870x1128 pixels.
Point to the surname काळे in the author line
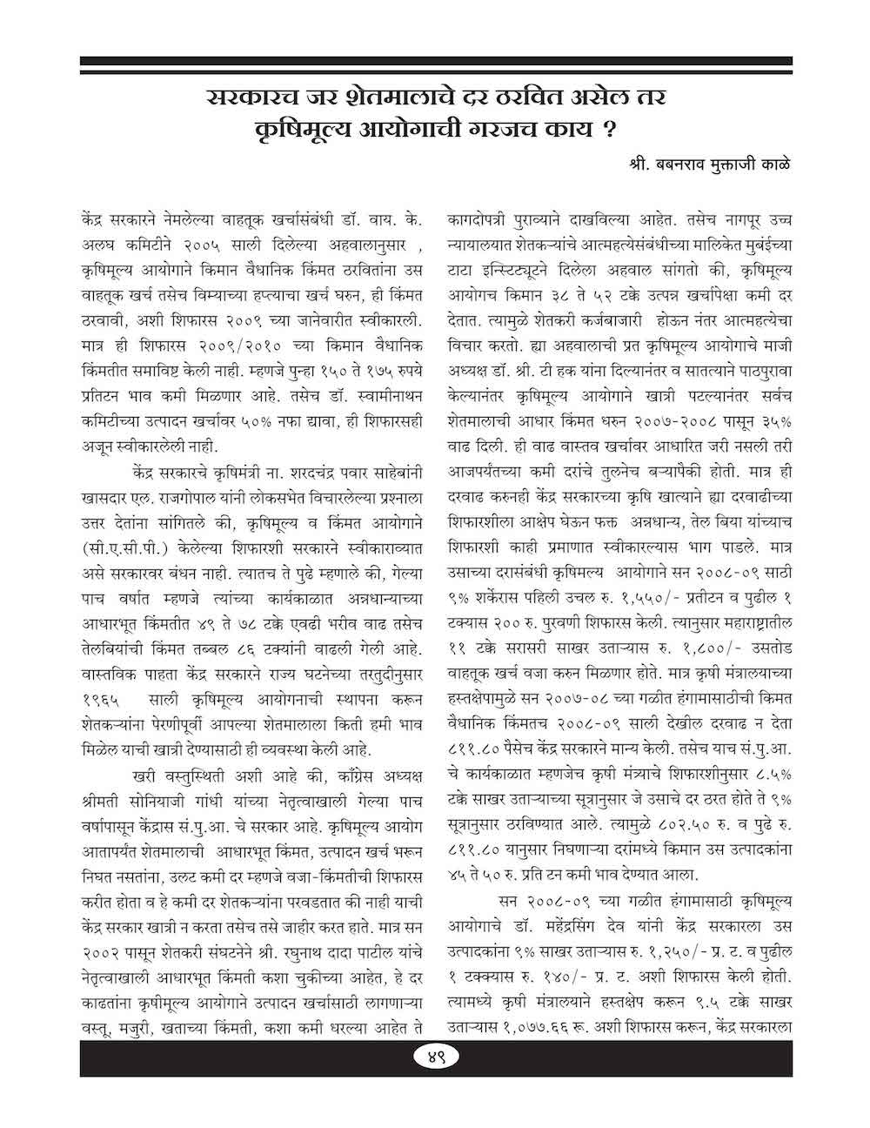773,164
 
